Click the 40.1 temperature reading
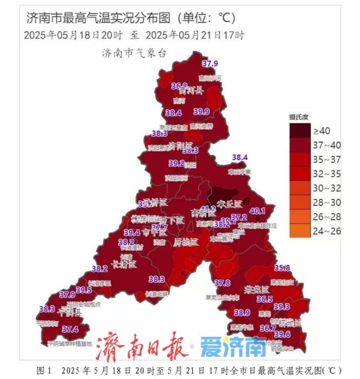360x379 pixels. (257, 211)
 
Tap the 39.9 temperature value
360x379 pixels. (202, 112)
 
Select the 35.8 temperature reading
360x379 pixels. (282, 268)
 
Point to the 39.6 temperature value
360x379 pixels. (282, 335)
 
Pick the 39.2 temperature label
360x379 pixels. (176, 164)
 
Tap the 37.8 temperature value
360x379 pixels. (222, 283)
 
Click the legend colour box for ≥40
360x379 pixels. (299, 131)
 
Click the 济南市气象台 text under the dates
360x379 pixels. (134, 52)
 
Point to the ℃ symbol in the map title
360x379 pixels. (225, 18)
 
